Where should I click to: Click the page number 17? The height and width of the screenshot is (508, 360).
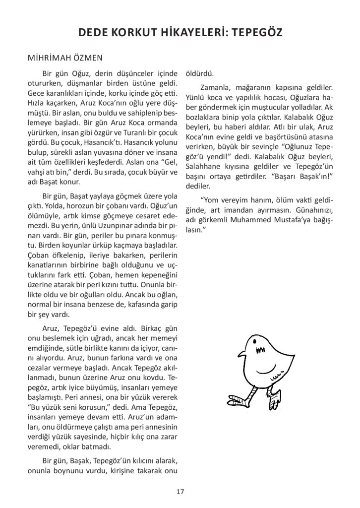pos(180,492)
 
